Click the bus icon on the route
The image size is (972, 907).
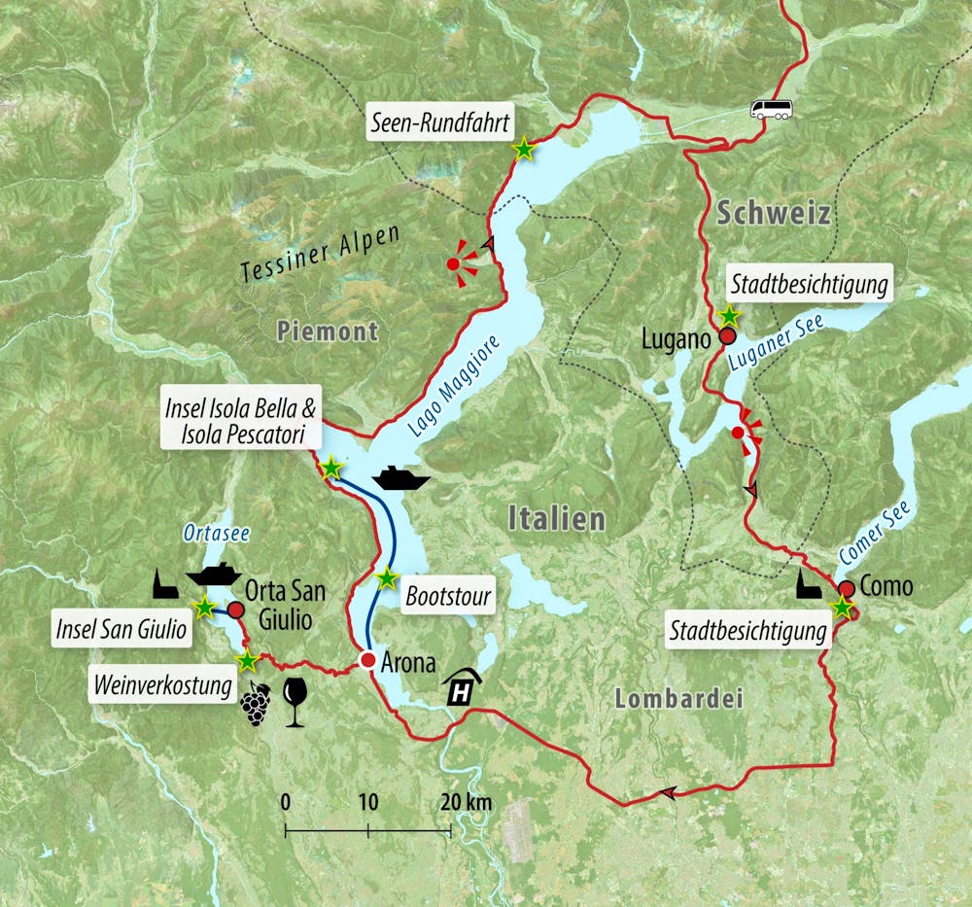[770, 108]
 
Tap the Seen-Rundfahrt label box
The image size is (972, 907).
[433, 123]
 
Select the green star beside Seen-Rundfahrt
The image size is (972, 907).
[524, 149]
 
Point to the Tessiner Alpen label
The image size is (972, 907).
[322, 254]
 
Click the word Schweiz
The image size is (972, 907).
[774, 214]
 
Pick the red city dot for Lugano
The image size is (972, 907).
[726, 337]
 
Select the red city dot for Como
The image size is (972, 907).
[847, 588]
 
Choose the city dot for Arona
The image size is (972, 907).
[367, 661]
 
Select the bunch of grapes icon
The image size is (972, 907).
[256, 704]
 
